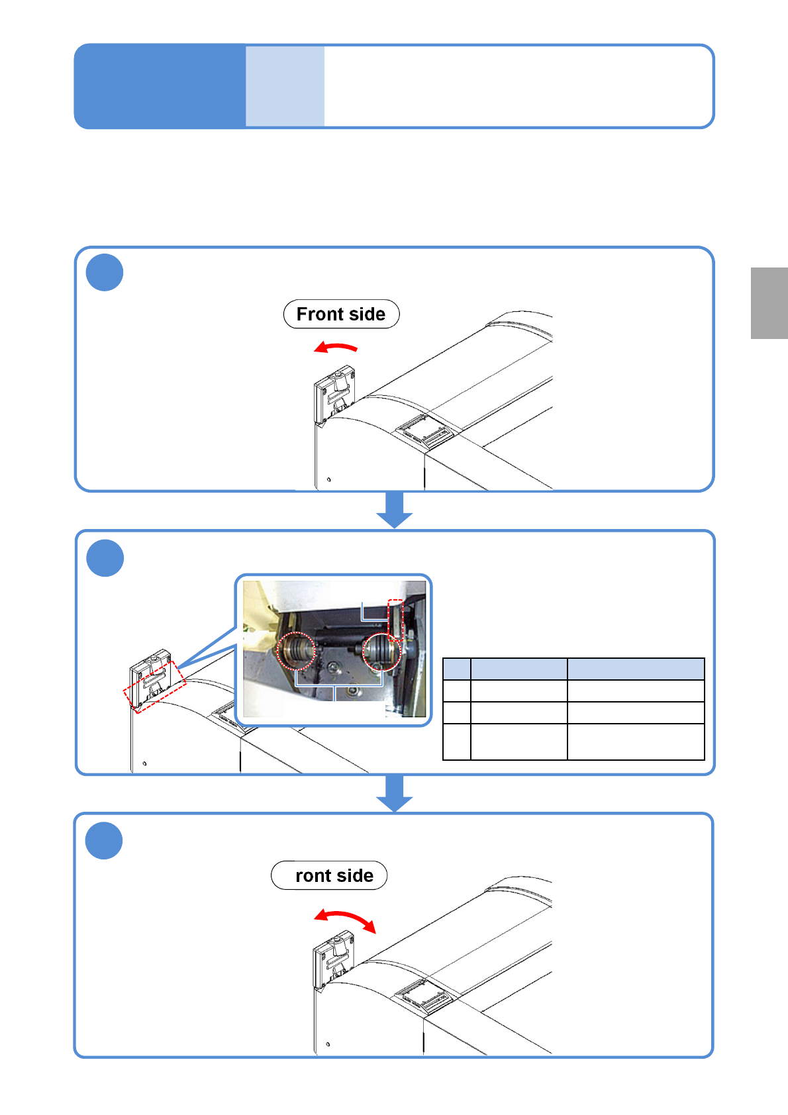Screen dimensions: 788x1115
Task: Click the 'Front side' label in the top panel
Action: point(341,314)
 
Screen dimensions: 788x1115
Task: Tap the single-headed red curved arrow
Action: point(336,347)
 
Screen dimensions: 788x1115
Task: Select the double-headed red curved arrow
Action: point(345,919)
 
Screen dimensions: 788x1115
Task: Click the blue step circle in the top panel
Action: point(105,272)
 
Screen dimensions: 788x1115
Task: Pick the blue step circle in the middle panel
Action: point(105,558)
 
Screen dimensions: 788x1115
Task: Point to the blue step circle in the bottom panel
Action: point(104,841)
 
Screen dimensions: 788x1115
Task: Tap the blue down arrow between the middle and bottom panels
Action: point(395,793)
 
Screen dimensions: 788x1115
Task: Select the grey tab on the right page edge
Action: point(769,303)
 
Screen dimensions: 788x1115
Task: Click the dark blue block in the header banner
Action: point(160,86)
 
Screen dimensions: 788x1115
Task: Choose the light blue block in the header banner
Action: point(285,86)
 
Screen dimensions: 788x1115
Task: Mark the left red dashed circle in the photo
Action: point(297,652)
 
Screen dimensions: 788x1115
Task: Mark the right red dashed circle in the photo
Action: point(382,652)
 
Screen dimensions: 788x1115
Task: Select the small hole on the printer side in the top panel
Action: point(329,479)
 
